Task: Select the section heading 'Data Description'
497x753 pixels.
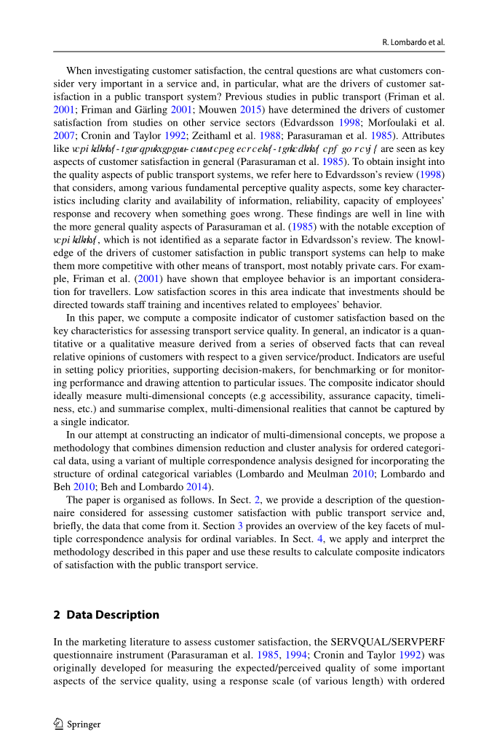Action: coord(112,615)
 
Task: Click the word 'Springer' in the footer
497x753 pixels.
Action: coord(84,725)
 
